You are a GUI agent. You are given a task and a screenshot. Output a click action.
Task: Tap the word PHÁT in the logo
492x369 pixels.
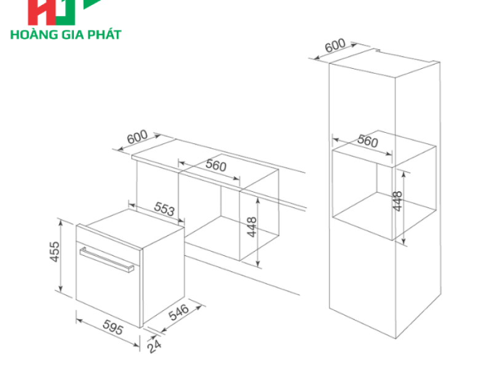point(105,34)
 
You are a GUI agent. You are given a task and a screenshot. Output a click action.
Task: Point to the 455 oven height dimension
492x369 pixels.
point(54,252)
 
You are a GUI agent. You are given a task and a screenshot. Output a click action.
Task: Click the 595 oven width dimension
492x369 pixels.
point(113,327)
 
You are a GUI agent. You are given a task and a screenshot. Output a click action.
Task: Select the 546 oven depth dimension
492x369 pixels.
point(178,312)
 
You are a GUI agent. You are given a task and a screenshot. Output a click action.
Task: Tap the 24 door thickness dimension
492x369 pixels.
point(154,346)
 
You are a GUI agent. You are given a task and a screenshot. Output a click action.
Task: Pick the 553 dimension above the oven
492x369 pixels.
point(164,208)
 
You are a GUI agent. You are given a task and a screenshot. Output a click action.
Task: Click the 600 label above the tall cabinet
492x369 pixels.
point(335,46)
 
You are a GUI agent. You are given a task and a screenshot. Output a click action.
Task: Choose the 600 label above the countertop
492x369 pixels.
point(137,137)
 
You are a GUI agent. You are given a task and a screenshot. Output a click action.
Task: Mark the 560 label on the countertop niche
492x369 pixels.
point(216,165)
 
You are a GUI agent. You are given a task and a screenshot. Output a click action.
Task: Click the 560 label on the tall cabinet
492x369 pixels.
point(368,141)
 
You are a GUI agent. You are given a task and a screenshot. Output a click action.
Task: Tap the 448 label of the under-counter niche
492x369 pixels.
point(252,227)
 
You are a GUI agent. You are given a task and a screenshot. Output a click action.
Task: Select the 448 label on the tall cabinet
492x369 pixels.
point(397,201)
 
